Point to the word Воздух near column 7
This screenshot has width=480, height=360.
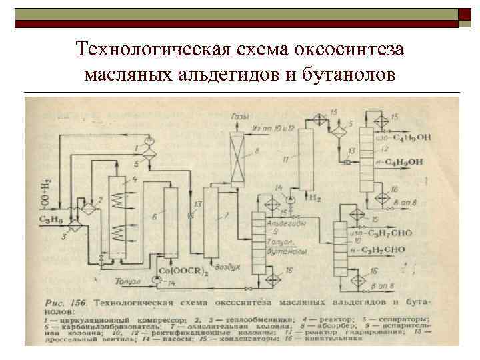coord(229,267)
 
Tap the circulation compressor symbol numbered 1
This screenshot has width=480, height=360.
coord(149,141)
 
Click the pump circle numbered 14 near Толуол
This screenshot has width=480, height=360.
coord(156,283)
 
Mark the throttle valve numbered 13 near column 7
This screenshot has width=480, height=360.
coord(193,215)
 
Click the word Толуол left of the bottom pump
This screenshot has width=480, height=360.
coord(127,283)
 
